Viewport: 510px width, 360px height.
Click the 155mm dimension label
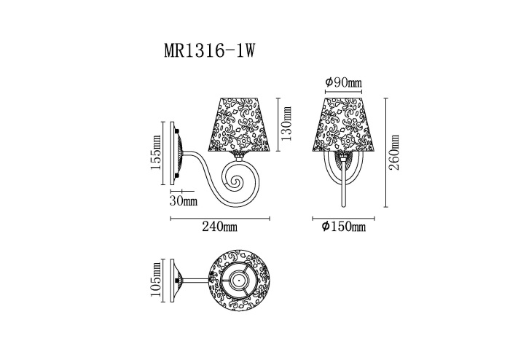[x=156, y=154]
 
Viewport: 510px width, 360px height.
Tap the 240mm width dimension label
[x=219, y=227]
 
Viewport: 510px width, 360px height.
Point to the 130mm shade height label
[x=286, y=125]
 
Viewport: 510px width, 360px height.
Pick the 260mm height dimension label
[x=395, y=152]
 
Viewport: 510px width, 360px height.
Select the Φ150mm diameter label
[x=343, y=227]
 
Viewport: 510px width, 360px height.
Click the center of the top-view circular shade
[x=238, y=280]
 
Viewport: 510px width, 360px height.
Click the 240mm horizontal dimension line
[x=220, y=218]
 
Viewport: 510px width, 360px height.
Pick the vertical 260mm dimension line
[x=385, y=152]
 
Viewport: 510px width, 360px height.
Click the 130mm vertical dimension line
[x=278, y=124]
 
